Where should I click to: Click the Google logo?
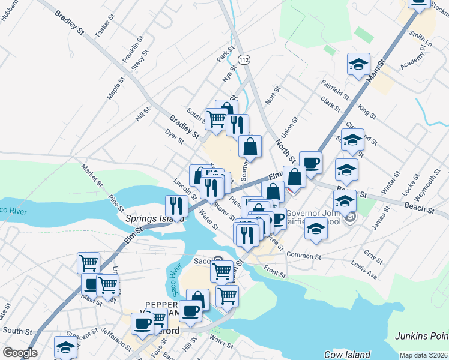(19, 353)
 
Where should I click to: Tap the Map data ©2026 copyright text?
(423, 355)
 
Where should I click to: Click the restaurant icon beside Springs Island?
(176, 205)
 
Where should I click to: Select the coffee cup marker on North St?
(310, 162)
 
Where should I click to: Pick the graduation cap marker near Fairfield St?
(358, 64)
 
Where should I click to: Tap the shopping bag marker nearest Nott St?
(250, 146)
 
